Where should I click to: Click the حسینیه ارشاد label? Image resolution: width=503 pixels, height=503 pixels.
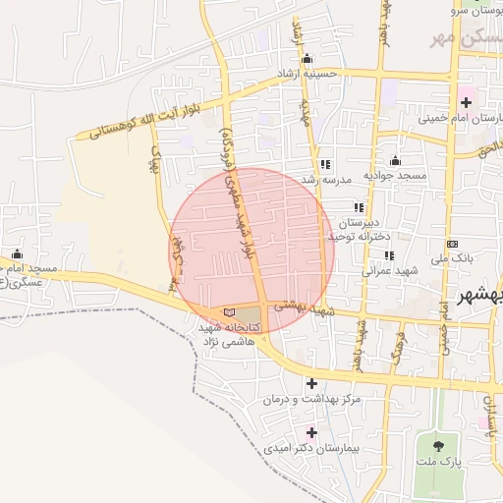(307, 73)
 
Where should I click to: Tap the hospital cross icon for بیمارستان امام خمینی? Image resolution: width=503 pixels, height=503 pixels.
(465, 100)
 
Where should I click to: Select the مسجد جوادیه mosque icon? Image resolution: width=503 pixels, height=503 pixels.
(395, 160)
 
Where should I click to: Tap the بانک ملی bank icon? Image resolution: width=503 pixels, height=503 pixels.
(451, 244)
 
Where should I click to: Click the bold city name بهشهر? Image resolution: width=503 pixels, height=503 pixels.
(481, 295)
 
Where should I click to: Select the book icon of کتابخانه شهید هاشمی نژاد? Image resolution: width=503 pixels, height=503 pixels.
(230, 312)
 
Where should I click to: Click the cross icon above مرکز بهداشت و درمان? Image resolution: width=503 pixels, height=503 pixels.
(312, 383)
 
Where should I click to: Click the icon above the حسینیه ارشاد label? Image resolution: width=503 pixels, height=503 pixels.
(307, 58)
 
